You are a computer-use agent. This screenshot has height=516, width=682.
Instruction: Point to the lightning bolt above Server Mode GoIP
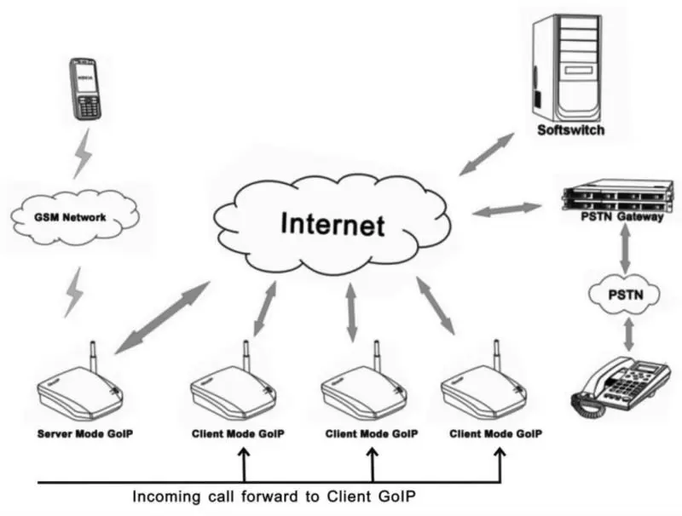[77, 292]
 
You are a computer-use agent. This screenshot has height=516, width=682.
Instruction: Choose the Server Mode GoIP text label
[85, 433]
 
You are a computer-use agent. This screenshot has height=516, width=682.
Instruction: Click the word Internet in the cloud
[332, 225]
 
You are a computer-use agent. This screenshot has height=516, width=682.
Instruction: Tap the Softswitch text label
[570, 130]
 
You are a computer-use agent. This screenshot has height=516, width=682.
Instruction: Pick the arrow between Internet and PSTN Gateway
[507, 209]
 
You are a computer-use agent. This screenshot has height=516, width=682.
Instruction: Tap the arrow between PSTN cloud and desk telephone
[629, 335]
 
